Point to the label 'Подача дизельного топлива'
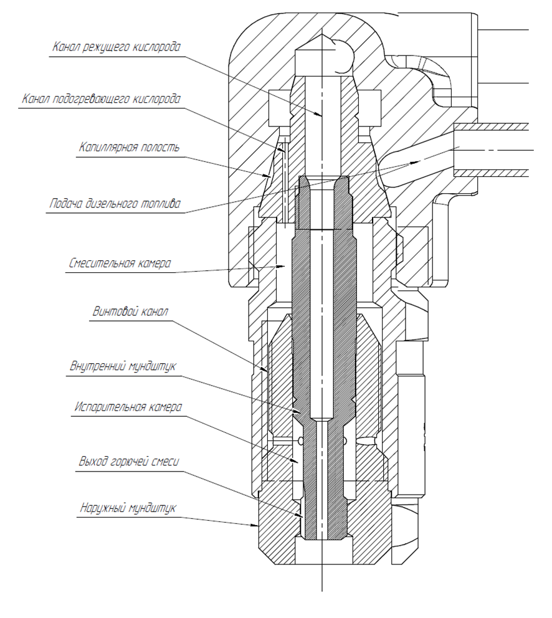pyautogui.click(x=115, y=204)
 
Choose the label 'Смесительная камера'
pyautogui.click(x=119, y=263)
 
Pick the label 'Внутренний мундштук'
pyautogui.click(x=123, y=365)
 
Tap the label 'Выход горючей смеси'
pyautogui.click(x=128, y=462)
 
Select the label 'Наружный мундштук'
pyautogui.click(x=128, y=508)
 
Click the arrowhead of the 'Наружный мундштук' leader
pyautogui.click(x=259, y=526)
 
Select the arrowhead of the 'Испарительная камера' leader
pyautogui.click(x=298, y=462)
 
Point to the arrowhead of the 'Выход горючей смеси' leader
pyautogui.click(x=302, y=516)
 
